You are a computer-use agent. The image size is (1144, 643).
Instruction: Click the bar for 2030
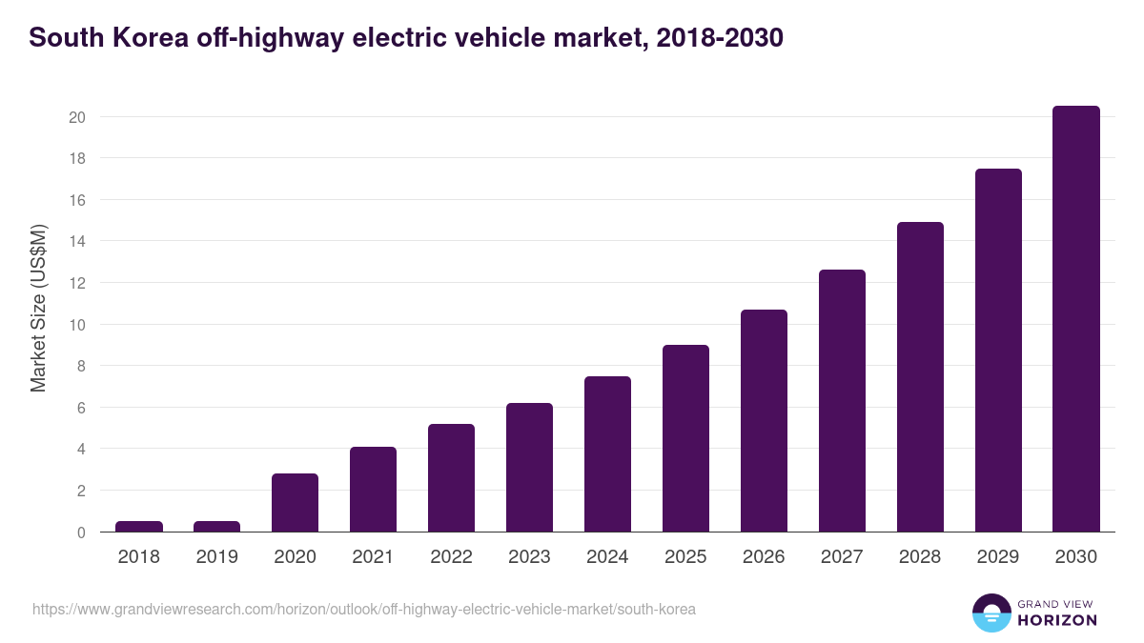pyautogui.click(x=1076, y=319)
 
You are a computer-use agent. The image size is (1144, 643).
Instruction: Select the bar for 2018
pyautogui.click(x=139, y=527)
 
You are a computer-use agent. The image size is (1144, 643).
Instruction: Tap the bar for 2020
pyautogui.click(x=295, y=503)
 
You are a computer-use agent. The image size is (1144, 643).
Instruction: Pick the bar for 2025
pyautogui.click(x=685, y=438)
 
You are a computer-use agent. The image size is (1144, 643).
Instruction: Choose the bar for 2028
pyautogui.click(x=920, y=377)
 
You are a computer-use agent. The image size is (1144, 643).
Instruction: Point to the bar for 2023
pyautogui.click(x=529, y=468)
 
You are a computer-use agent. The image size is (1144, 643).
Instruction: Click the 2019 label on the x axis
pyautogui.click(x=217, y=557)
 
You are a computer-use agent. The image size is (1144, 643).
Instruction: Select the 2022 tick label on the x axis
pyautogui.click(x=451, y=557)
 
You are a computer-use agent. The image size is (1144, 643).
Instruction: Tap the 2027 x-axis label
pyautogui.click(x=842, y=557)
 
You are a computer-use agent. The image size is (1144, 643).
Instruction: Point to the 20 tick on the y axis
pyautogui.click(x=77, y=117)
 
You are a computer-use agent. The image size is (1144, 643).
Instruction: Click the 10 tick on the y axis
pyautogui.click(x=77, y=325)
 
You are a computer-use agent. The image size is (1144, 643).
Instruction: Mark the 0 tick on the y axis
pyautogui.click(x=81, y=532)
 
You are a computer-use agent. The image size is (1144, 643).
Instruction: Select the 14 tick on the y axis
pyautogui.click(x=77, y=242)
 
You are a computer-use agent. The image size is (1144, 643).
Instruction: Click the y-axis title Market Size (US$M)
pyautogui.click(x=38, y=307)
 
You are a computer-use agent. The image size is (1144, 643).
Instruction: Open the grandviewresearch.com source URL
pyautogui.click(x=363, y=609)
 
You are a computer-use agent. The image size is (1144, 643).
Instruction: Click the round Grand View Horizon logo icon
pyautogui.click(x=991, y=613)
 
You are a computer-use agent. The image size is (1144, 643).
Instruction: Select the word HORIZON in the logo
pyautogui.click(x=1057, y=620)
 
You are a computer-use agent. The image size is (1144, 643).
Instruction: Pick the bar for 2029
pyautogui.click(x=998, y=351)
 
